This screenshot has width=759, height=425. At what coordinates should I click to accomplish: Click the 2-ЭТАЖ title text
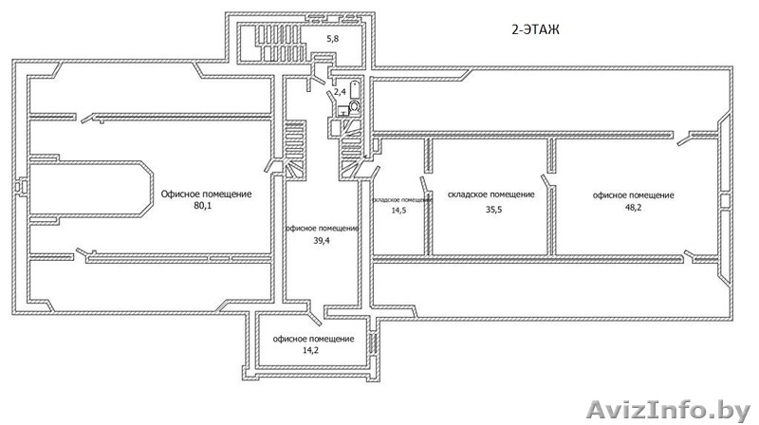click(x=535, y=30)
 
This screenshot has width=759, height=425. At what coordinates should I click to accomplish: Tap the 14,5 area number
click(x=398, y=212)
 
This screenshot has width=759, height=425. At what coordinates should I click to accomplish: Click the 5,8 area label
click(x=333, y=39)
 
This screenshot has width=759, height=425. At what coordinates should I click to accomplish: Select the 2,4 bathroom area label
click(x=339, y=92)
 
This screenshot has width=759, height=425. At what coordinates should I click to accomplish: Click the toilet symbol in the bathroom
click(x=355, y=107)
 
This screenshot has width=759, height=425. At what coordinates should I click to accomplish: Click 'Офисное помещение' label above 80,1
click(x=206, y=194)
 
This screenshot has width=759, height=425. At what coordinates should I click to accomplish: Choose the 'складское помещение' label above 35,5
click(x=491, y=194)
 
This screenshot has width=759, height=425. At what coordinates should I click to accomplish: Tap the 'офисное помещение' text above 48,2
click(x=633, y=194)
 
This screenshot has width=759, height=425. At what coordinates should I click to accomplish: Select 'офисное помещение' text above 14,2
click(x=313, y=339)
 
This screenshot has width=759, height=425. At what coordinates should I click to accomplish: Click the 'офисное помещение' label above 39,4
click(x=323, y=229)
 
